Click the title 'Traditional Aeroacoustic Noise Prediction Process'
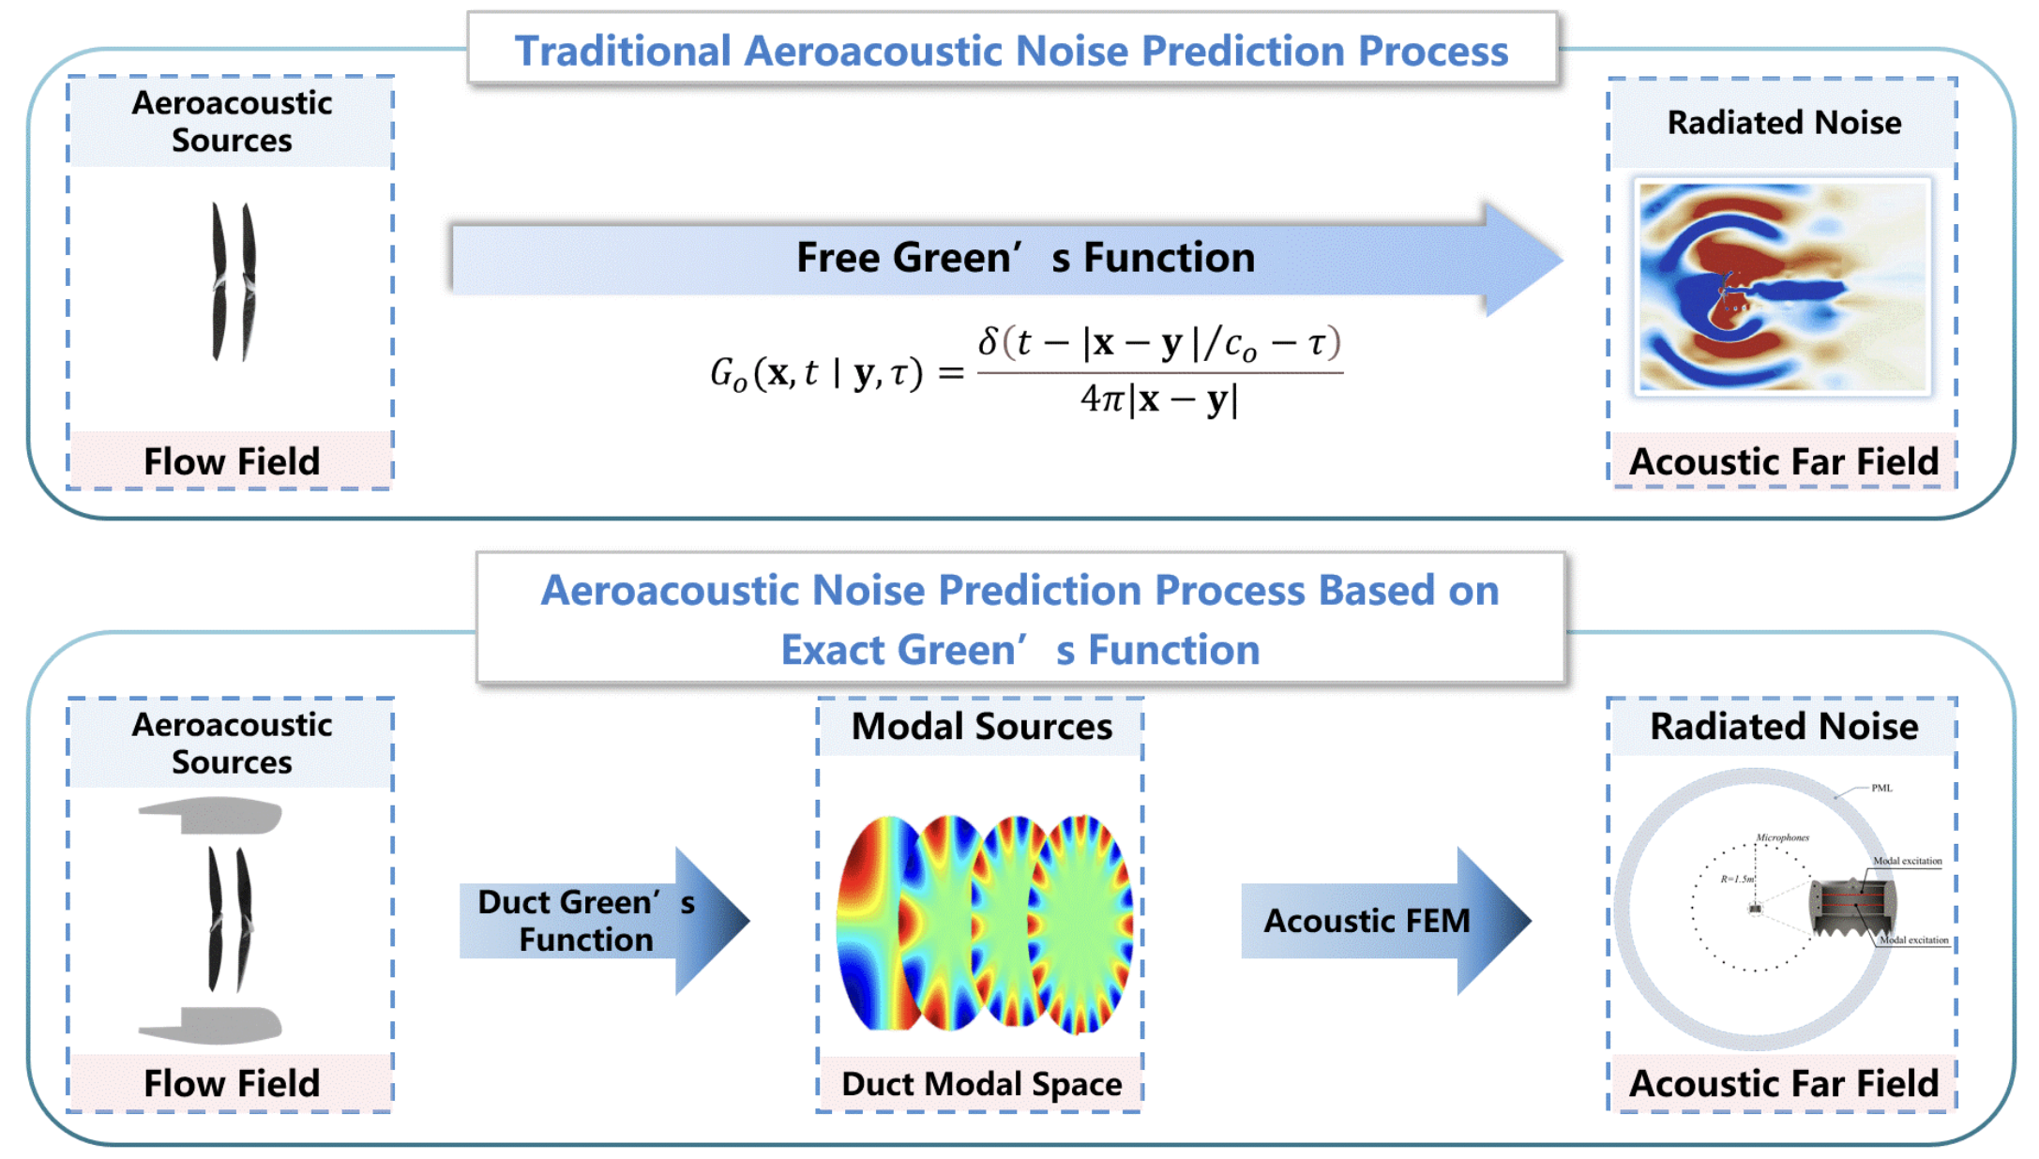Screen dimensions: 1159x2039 pos(1011,51)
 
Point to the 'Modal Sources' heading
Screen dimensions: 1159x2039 pos(981,727)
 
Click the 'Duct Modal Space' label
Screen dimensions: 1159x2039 pos(981,1083)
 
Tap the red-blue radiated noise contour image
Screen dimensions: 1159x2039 pos(1782,286)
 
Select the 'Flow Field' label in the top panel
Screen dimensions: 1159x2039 pos(232,460)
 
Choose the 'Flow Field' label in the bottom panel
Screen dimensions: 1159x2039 pos(232,1083)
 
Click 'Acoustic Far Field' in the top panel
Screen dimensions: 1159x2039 pos(1783,460)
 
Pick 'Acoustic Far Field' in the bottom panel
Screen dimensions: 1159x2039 pos(1783,1083)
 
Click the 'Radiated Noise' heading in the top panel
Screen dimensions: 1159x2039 pos(1783,123)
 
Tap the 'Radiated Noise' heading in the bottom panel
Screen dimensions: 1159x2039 pos(1783,727)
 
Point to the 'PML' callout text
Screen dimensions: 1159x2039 pos(1881,788)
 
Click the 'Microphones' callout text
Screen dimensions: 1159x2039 pos(1782,837)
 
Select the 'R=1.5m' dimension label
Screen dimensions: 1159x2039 pos(1736,879)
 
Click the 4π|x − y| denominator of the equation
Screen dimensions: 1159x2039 pos(1159,400)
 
